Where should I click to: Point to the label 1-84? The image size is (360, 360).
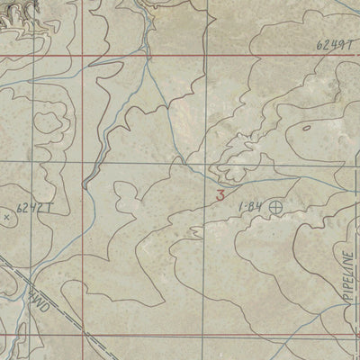coord(249,208)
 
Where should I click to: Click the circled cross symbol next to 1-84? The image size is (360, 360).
coord(275,207)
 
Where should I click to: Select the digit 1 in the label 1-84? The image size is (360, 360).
coord(240,208)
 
